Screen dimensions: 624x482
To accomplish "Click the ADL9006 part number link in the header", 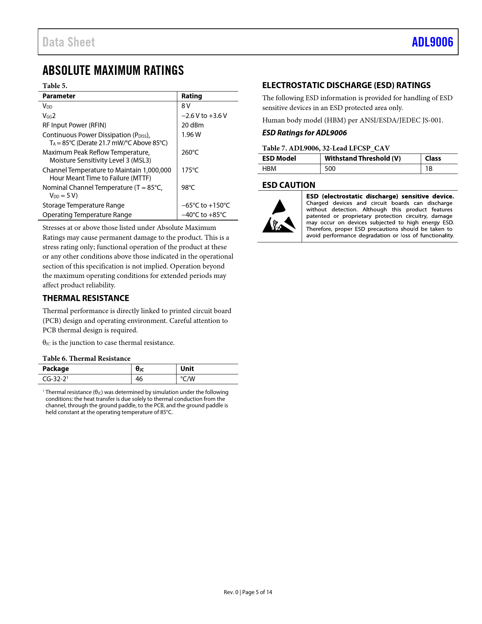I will point(432,42).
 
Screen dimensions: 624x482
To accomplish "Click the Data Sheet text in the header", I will point(68,42).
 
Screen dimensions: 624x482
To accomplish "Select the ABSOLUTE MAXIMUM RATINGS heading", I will point(113,70).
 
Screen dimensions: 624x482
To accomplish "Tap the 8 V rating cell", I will point(186,106).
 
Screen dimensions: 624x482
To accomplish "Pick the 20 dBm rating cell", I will point(192,125).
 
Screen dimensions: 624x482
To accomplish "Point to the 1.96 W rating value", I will point(191,135).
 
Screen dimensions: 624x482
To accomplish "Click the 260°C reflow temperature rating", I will point(190,152).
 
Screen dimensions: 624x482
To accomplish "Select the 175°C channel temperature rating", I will point(190,170).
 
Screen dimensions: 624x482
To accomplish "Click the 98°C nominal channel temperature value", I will point(188,188).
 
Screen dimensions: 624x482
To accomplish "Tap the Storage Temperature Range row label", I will point(83,205).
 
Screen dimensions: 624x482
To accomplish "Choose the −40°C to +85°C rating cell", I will point(204,215).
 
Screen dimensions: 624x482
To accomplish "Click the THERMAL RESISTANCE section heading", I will point(86,298).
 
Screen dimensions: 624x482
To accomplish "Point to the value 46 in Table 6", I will point(139,379).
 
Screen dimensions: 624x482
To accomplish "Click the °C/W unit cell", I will point(188,379).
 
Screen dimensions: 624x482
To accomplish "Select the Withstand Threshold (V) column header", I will point(363,158).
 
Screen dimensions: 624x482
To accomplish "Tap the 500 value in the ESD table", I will point(330,169).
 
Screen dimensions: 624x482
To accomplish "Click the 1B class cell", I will point(429,169).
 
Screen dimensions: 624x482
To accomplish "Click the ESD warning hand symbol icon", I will point(279,216).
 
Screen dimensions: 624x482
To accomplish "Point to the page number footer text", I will point(248,592).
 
